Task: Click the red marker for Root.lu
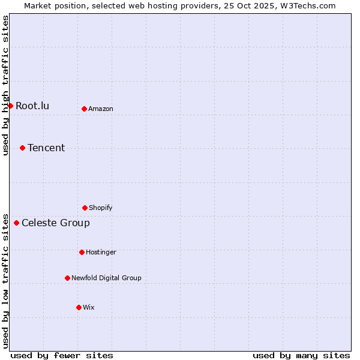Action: [10, 106]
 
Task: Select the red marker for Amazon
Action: [84, 109]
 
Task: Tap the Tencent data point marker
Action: [22, 148]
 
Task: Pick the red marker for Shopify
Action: [85, 208]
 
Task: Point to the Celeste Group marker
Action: [16, 223]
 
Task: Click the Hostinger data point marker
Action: [82, 252]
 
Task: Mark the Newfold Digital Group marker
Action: [67, 278]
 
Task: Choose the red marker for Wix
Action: [79, 307]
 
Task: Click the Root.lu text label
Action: [32, 106]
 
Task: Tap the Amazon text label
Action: [101, 109]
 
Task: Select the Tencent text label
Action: [46, 148]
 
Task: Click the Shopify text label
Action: [101, 208]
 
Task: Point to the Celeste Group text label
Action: [56, 223]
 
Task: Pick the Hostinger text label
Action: [101, 252]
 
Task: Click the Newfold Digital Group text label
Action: [106, 278]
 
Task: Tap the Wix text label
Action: [89, 307]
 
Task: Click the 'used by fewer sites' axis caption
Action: [62, 355]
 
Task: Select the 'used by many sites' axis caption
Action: [301, 355]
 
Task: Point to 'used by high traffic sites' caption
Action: [6, 85]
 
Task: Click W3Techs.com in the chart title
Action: [306, 5]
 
